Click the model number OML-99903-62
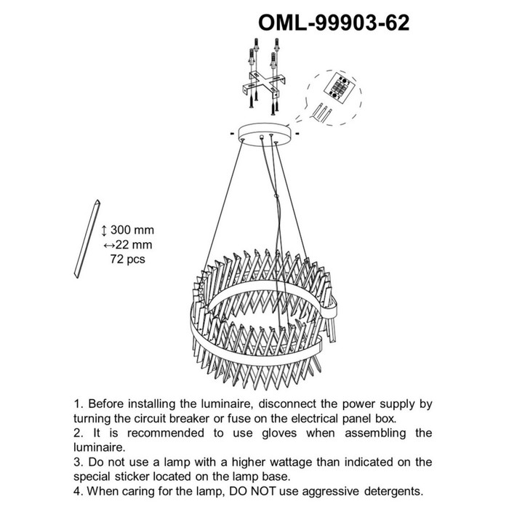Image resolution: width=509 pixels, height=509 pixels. tap(334, 23)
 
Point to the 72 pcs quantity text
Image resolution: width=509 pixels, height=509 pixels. tap(127, 259)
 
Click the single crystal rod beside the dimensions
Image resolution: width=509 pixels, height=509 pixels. tap(87, 239)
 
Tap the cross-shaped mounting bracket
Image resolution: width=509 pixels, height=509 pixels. tap(264, 85)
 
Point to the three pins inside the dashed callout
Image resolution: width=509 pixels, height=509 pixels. tap(322, 113)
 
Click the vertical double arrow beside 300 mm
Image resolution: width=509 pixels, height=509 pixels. tap(104, 231)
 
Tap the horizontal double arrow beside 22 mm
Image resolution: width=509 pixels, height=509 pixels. tap(109, 246)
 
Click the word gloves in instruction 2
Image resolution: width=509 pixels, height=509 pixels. tap(279, 433)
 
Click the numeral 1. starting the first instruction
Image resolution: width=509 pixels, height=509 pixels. tap(78, 404)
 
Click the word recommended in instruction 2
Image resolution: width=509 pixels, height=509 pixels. tap(166, 433)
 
